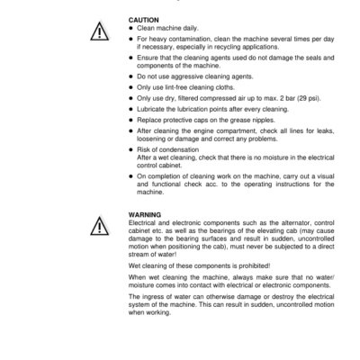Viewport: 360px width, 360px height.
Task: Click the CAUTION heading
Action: click(144, 19)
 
